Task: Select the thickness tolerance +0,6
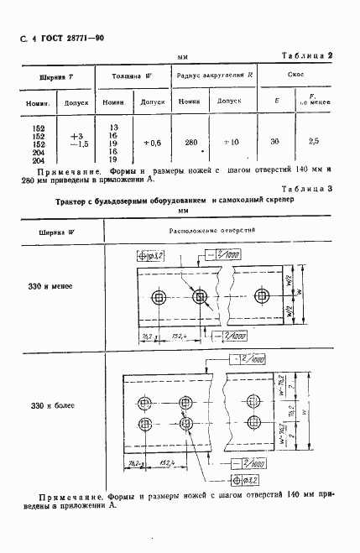152,142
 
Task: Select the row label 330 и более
52,406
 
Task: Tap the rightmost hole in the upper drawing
264,297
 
